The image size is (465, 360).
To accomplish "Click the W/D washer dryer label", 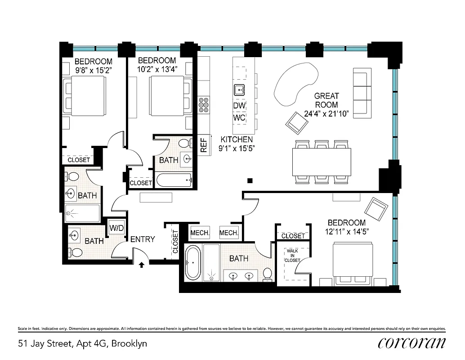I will pyautogui.click(x=116, y=228).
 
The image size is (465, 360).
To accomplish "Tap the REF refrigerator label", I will pyautogui.click(x=204, y=144).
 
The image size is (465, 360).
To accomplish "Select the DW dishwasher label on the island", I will pyautogui.click(x=239, y=105).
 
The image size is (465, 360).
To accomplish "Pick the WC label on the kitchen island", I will pyautogui.click(x=239, y=117).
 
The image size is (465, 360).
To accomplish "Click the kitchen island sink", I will pyautogui.click(x=239, y=90).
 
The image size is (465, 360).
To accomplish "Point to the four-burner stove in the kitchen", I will pyautogui.click(x=204, y=104).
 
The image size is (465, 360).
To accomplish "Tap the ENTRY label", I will pyautogui.click(x=143, y=239).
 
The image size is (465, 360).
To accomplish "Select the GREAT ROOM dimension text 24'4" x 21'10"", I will pyautogui.click(x=326, y=114).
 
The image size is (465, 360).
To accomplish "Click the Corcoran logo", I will pyautogui.click(x=411, y=343).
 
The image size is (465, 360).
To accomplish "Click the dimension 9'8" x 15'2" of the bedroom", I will pyautogui.click(x=93, y=70).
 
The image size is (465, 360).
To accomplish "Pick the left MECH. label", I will pyautogui.click(x=200, y=233).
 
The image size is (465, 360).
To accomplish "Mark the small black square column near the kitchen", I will pyautogui.click(x=250, y=180).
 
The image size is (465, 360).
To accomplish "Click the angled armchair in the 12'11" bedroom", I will pyautogui.click(x=376, y=208).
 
